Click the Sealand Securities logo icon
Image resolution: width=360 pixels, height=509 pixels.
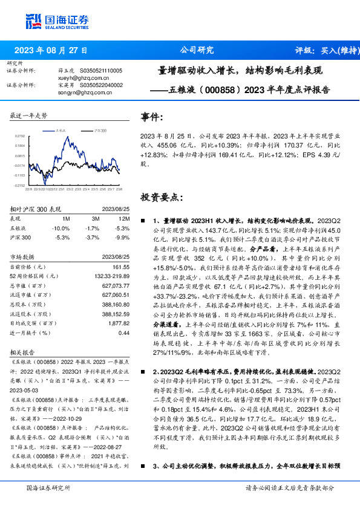pos(34,21)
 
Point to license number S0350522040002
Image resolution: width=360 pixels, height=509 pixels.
pos(101,85)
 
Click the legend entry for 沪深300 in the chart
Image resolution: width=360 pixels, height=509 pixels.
pos(100,130)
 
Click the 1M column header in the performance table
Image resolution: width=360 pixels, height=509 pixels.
pos(67,218)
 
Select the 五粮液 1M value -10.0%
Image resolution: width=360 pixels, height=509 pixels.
pos(62,228)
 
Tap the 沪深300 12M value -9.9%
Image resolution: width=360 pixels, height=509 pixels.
pos(122,238)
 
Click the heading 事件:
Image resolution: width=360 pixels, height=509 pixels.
pos(152,117)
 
